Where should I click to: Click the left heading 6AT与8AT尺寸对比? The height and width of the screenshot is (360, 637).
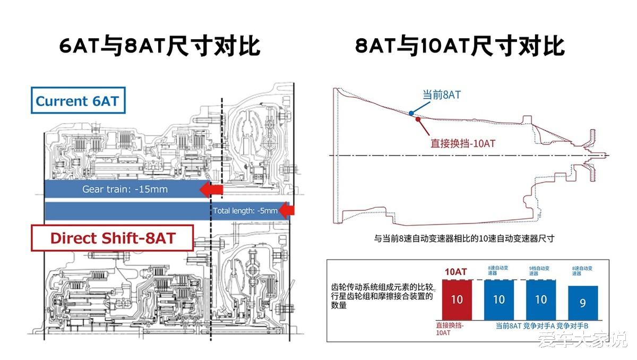point(160,47)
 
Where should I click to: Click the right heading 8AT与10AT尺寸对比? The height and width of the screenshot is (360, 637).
point(460,47)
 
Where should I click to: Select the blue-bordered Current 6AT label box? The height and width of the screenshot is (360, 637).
point(78,101)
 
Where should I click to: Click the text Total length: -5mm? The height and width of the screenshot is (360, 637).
point(245,211)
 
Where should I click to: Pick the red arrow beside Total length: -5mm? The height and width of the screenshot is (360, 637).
point(287,211)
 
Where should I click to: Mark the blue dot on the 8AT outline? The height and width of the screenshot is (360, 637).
point(411,113)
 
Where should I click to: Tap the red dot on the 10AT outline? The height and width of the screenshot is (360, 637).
point(418,118)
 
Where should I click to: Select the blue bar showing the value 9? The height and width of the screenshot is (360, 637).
point(582,303)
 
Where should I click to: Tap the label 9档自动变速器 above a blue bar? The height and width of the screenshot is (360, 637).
point(540,270)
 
